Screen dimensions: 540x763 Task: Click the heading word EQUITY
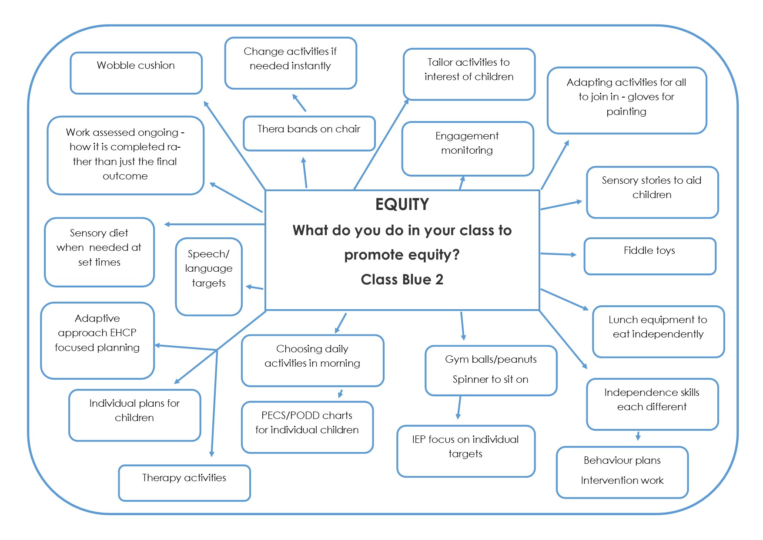click(402, 204)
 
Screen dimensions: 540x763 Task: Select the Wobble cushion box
click(136, 73)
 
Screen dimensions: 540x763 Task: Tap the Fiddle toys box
click(649, 256)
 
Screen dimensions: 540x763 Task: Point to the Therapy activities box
click(184, 483)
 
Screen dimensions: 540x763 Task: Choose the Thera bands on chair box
click(309, 133)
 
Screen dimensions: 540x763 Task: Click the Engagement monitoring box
click(468, 148)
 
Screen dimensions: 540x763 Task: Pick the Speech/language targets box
click(209, 276)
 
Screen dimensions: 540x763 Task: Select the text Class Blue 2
click(402, 280)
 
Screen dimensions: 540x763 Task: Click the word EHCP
click(124, 333)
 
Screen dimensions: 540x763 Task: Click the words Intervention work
click(622, 480)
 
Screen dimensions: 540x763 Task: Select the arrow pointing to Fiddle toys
click(559, 254)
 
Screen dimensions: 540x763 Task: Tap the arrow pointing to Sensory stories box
click(561, 205)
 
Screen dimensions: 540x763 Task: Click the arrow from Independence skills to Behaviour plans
click(638, 435)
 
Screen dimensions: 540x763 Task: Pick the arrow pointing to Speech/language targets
click(254, 287)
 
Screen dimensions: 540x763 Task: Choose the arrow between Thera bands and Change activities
click(299, 103)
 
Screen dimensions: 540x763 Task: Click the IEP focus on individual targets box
click(465, 451)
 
